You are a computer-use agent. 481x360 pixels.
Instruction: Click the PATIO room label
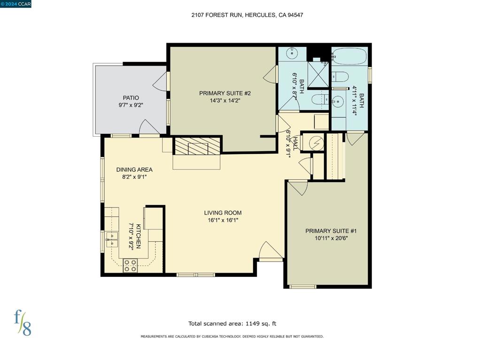click(x=131, y=98)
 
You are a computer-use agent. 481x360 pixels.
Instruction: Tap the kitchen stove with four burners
click(x=130, y=266)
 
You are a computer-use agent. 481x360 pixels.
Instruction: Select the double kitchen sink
click(x=111, y=239)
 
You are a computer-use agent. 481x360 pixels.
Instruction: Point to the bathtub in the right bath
click(x=349, y=58)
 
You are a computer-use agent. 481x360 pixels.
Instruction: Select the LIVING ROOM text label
click(x=223, y=213)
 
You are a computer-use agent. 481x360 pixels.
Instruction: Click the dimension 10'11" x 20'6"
click(x=331, y=238)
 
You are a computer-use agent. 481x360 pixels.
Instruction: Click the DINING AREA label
click(x=134, y=169)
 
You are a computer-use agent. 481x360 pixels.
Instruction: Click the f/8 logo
click(x=22, y=322)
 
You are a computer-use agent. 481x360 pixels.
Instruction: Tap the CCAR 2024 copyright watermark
click(x=16, y=4)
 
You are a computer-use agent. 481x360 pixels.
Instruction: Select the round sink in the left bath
click(x=293, y=53)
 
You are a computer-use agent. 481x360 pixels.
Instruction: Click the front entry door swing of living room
click(x=271, y=251)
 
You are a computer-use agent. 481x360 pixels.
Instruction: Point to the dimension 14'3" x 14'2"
click(x=225, y=100)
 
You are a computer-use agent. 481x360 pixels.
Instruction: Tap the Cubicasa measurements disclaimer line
click(x=232, y=337)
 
